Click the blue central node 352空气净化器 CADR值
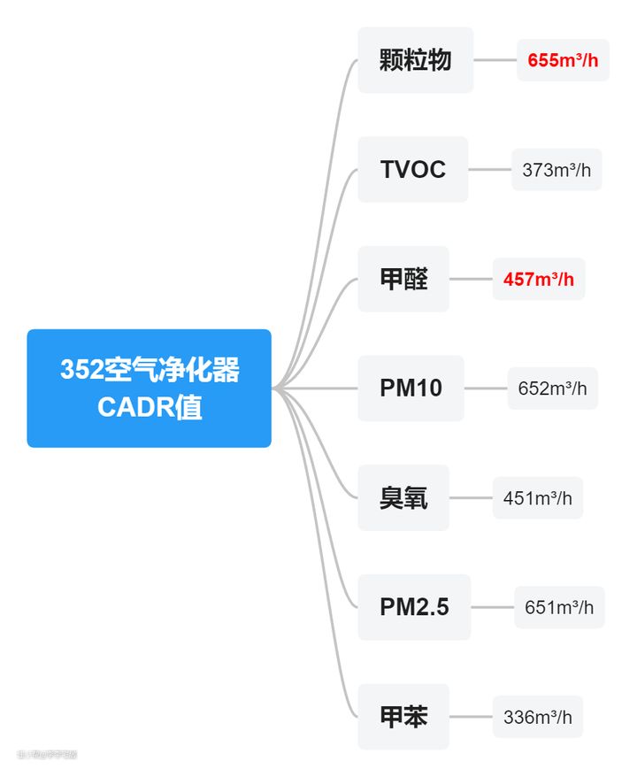pos(149,388)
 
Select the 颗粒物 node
pos(415,60)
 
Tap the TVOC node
pos(412,169)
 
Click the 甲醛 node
pos(403,279)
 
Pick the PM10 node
pos(411,388)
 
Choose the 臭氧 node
pos(403,497)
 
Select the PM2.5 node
pos(414,607)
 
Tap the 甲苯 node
pos(403,717)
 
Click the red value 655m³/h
pos(563,60)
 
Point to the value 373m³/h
pos(556,170)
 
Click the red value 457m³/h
pos(538,279)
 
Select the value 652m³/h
pos(552,388)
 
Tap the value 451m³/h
pos(538,497)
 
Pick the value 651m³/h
pos(559,607)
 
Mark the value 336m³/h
pos(538,717)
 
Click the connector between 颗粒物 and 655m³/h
pos(495,60)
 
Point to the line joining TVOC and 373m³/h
pos(490,169)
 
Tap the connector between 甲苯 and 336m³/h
pos(471,717)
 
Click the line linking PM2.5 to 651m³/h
pos(493,607)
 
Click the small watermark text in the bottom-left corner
pos(47,754)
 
